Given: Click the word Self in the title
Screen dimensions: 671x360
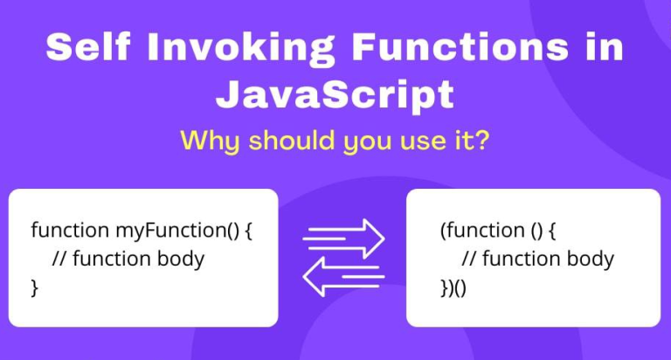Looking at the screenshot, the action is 87,46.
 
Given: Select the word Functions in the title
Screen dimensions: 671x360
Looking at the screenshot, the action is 460,46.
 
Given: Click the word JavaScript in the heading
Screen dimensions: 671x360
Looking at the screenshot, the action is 335,95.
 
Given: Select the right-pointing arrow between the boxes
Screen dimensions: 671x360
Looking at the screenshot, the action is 343,239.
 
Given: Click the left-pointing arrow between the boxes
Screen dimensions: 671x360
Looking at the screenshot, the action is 343,276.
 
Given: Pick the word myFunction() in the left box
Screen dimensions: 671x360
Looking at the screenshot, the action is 177,232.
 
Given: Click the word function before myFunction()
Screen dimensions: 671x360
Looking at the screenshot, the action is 70,231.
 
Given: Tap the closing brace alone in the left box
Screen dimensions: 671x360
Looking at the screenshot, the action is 35,287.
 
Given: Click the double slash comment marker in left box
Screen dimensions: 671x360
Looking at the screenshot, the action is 59,259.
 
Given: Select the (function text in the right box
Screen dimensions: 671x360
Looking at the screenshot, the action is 482,231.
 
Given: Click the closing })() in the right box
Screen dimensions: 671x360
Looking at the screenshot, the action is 453,287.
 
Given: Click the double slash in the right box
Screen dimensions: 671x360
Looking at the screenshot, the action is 468,259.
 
